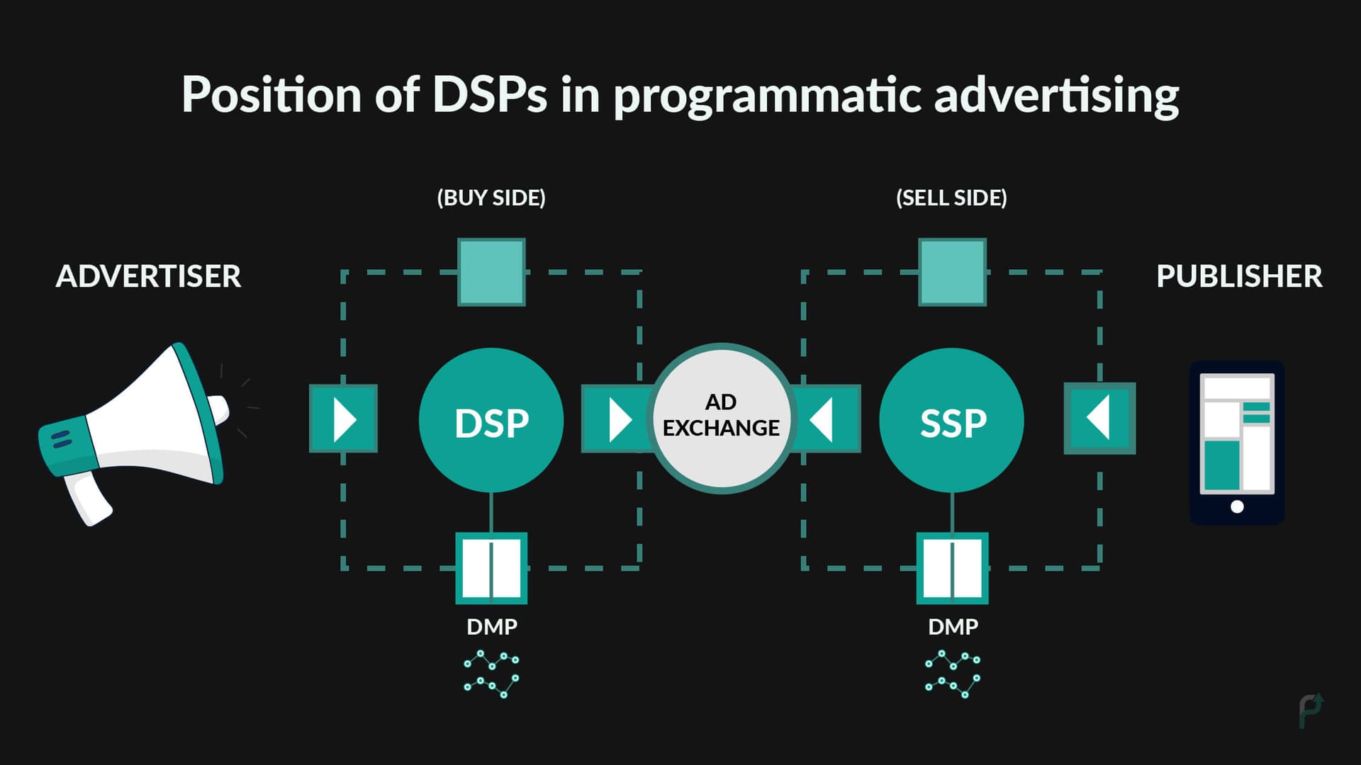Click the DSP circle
[x=491, y=421]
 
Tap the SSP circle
[x=951, y=421]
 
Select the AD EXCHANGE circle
[x=721, y=418]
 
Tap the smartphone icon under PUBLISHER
[x=1236, y=443]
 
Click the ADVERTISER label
[x=148, y=276]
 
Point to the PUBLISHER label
[x=1238, y=276]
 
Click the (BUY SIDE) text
[x=491, y=198]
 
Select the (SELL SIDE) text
[x=951, y=198]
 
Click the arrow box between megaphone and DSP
[x=344, y=419]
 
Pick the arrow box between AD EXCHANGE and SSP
[x=827, y=419]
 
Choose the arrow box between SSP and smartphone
[x=1099, y=419]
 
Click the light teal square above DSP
[x=491, y=272]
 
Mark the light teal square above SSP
[x=952, y=272]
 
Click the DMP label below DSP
[x=492, y=627]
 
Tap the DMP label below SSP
[x=953, y=627]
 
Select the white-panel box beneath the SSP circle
[x=952, y=568]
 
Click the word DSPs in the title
[x=489, y=94]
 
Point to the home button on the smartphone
[x=1237, y=506]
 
